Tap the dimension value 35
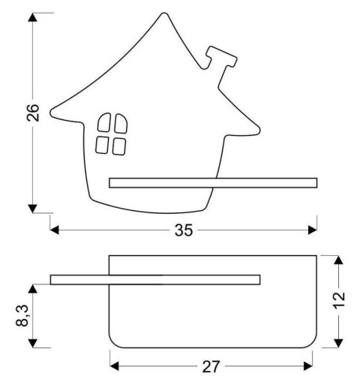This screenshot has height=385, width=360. tap(184, 230)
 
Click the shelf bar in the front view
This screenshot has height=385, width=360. tap(213, 182)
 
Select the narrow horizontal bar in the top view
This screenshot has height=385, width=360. tap(155, 280)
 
